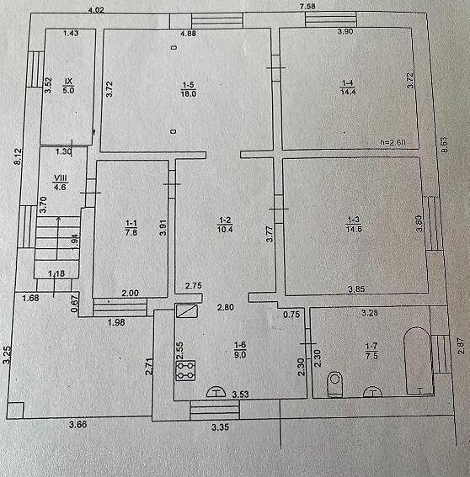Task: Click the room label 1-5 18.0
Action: (x=189, y=89)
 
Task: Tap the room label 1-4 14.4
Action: (x=348, y=87)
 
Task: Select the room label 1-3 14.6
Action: (x=354, y=225)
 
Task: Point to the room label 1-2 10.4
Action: (x=225, y=225)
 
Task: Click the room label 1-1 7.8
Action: (x=131, y=228)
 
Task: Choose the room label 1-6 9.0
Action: (x=240, y=349)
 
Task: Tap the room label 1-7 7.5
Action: (x=371, y=351)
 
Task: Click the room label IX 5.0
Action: (x=68, y=86)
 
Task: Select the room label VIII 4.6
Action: (x=61, y=183)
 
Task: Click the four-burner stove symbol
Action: (x=185, y=370)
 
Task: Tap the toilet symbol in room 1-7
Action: (x=334, y=384)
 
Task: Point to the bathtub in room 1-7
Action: (x=417, y=361)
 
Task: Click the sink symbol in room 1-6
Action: (x=216, y=391)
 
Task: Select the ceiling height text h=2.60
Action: (x=393, y=142)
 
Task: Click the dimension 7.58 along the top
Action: (x=307, y=7)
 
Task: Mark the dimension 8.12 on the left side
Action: (x=19, y=156)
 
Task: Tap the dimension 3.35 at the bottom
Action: (x=220, y=427)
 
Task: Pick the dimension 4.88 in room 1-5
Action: (x=188, y=34)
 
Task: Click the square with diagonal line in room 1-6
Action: (x=187, y=311)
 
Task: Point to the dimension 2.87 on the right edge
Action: (x=462, y=347)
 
